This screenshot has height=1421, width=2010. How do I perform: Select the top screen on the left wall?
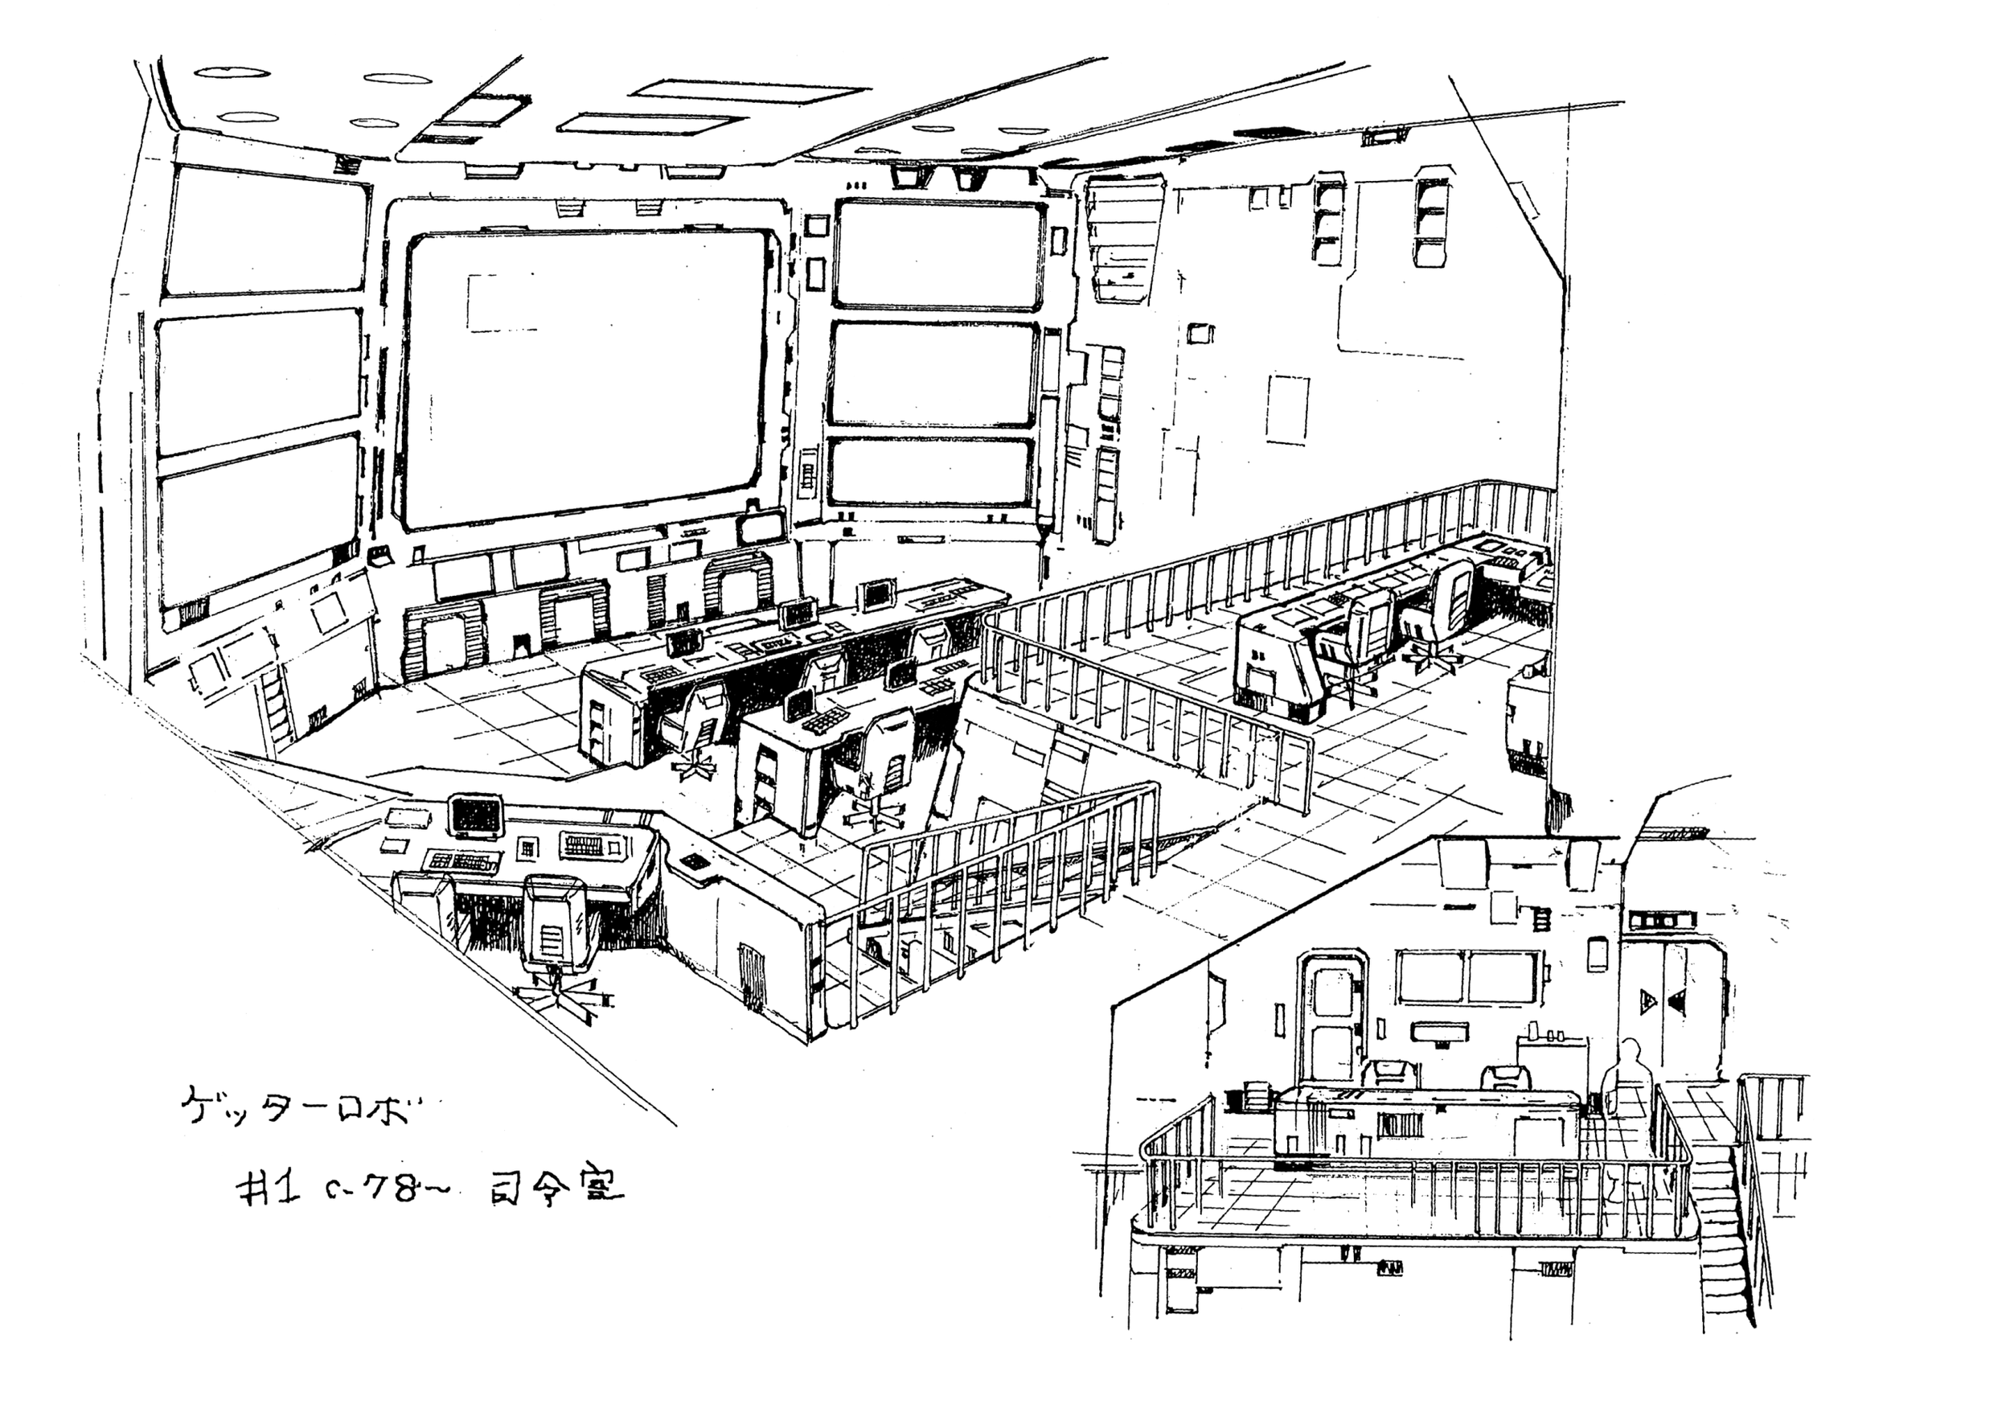pos(265,229)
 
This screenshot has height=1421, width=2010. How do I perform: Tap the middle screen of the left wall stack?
pos(259,382)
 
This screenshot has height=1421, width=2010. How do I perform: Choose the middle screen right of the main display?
pos(933,374)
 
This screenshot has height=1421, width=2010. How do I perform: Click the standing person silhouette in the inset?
pos(1626,1078)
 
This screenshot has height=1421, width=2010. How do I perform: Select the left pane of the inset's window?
pos(1430,977)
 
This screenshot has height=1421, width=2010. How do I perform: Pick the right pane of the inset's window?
pos(1502,977)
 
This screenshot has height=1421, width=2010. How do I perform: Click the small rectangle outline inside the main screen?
pos(495,303)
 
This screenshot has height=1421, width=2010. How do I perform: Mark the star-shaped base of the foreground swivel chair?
pos(560,998)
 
